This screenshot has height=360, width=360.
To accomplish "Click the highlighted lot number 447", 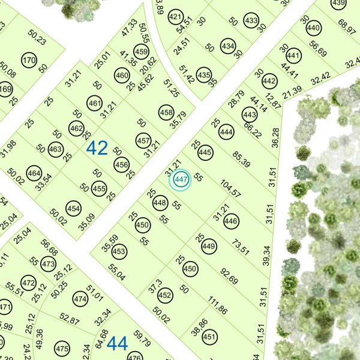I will [181, 179].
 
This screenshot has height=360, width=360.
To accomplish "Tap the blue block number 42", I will [97, 148].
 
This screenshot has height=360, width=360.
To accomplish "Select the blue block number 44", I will [118, 344].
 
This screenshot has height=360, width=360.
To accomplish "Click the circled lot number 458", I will [167, 112].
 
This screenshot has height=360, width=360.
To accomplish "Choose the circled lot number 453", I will [119, 251].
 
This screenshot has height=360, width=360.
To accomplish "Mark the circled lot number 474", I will [80, 299].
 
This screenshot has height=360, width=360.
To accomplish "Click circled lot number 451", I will [209, 338].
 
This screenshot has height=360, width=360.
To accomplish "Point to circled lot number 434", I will [228, 46].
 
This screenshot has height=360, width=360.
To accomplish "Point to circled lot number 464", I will [34, 175].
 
